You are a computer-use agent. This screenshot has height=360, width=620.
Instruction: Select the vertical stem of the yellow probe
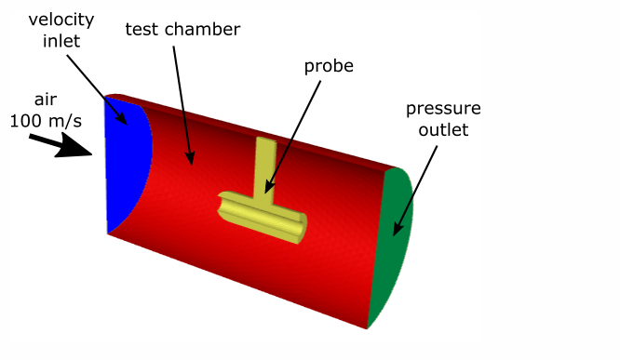[264, 167]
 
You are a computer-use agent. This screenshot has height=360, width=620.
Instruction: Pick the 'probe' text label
[329, 67]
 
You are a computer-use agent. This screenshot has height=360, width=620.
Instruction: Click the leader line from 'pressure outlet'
[416, 187]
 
